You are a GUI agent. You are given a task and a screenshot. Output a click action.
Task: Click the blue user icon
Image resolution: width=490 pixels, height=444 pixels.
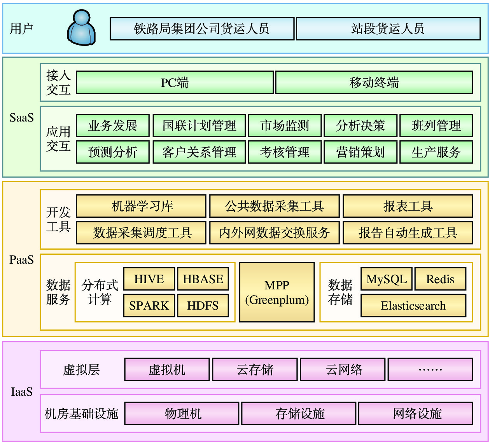81,28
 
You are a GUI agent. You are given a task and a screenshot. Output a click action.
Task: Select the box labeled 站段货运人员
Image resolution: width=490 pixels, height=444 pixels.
388,28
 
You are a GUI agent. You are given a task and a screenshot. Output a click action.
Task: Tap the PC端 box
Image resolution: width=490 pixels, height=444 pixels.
175,83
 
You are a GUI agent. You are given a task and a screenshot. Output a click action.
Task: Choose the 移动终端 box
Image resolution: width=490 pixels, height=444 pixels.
374,83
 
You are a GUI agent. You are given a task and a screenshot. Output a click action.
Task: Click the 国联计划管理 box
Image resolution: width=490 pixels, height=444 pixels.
199,125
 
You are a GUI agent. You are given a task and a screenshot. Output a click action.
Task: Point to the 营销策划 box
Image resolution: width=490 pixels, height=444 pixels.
360,152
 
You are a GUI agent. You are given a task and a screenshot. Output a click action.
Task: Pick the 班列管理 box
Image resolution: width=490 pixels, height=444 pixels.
436,125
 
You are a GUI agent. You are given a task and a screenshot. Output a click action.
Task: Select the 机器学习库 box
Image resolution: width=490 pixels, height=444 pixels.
141,206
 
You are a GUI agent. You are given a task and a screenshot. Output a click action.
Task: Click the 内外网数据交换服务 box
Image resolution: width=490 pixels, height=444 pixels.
274,233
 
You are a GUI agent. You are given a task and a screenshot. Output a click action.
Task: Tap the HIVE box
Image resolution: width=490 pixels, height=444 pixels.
149,279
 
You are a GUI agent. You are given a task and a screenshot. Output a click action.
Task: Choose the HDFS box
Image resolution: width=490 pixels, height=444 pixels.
203,305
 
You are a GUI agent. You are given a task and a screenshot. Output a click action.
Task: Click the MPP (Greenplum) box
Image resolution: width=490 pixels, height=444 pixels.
277,292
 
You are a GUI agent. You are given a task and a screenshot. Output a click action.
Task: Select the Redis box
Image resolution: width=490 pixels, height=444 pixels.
440,279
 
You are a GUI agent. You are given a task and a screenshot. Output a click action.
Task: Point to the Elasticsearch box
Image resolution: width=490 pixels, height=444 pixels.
413,305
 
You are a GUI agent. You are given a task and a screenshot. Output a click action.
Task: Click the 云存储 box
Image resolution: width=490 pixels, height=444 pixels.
255,370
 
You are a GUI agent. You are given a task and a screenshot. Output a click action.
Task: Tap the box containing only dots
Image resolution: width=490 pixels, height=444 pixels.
430,370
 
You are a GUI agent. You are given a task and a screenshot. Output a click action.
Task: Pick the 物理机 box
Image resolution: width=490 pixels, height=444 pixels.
182,414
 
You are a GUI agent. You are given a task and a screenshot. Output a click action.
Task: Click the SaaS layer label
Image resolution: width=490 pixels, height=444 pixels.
21,118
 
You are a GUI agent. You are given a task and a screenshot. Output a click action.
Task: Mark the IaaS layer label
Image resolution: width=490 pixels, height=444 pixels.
22,392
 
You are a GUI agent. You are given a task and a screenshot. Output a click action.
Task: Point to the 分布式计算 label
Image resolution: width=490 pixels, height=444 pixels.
100,292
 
